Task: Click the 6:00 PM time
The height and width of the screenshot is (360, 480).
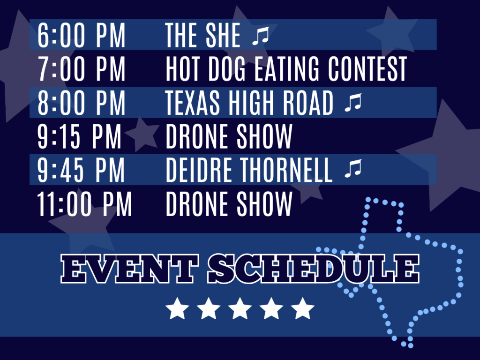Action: tap(82, 35)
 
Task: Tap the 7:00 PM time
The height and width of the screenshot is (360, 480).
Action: tap(82, 69)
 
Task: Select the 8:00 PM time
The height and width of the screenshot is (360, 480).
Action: tap(82, 103)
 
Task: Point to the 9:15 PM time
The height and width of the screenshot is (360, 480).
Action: tap(79, 136)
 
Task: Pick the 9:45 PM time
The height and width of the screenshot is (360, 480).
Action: tap(81, 170)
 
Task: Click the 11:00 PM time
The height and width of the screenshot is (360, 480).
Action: tap(84, 203)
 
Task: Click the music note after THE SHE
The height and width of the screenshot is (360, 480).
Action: tap(261, 36)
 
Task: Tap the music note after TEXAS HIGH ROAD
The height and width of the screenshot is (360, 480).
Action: tap(353, 103)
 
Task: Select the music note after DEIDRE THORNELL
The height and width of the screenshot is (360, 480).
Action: tap(353, 169)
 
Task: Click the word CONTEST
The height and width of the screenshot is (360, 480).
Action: tap(367, 69)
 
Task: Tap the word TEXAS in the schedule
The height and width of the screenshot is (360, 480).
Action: tap(193, 103)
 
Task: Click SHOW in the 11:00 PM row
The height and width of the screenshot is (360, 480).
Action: tap(264, 203)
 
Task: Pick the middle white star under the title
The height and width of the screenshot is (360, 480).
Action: tap(240, 308)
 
